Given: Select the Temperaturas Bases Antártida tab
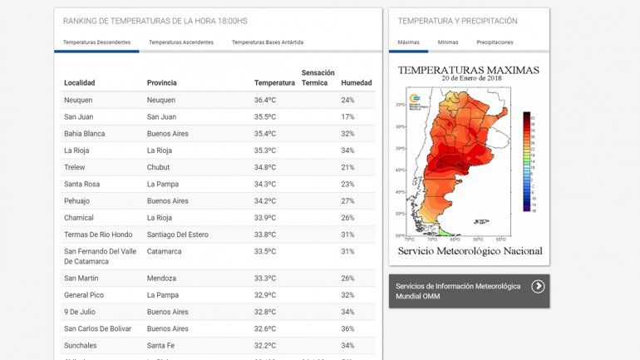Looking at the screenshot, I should [267, 42].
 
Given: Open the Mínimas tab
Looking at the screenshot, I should [448, 42].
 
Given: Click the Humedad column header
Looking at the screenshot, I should [356, 82].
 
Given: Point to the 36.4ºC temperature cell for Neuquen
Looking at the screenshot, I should [265, 100].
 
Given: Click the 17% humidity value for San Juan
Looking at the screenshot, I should [347, 116].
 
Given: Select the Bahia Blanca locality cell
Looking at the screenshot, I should [85, 133].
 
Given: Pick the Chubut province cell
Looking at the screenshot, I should [158, 167].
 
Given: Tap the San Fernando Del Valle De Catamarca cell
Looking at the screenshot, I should [100, 256].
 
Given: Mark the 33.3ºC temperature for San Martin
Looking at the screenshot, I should [265, 278].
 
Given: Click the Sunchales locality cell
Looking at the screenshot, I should [81, 345].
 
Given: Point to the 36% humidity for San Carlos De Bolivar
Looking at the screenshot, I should [347, 328].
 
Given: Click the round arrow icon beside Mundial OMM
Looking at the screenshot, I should [538, 287].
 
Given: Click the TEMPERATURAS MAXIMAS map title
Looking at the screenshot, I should [469, 71].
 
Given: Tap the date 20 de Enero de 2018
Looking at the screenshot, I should [469, 80].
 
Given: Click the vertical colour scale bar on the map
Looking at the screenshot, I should [527, 161].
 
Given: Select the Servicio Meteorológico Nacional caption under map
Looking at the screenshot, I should [470, 250].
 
